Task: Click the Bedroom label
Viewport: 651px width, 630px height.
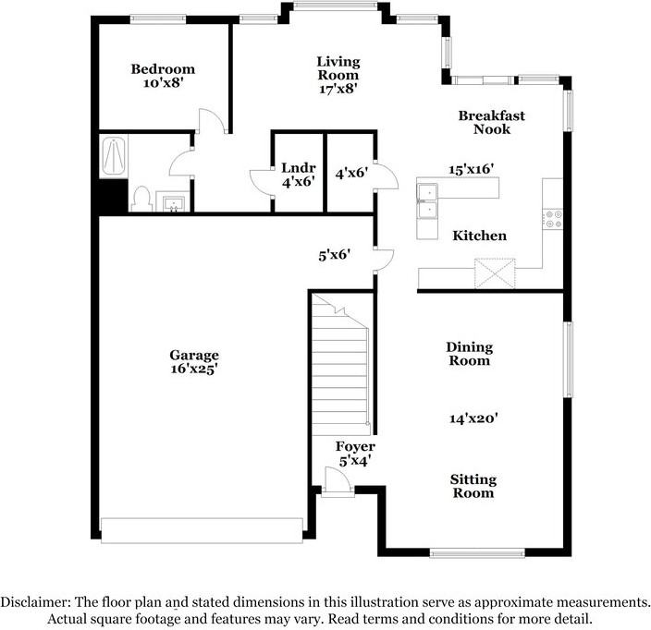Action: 163,69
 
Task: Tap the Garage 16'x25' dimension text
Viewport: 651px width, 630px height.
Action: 194,369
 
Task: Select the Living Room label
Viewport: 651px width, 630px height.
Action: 338,68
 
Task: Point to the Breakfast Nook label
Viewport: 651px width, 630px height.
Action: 492,122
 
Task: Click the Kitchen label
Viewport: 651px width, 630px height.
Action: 480,236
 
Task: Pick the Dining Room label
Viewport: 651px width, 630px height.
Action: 470,354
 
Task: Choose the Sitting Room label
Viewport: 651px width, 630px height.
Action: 473,486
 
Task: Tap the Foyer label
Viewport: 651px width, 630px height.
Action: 355,446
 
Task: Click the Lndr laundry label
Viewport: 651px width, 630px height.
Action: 298,167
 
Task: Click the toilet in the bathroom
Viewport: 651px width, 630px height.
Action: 141,200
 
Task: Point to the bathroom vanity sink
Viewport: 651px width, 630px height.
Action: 172,201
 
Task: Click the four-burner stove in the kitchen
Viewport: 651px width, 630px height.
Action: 553,219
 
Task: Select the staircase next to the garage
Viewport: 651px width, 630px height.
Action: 340,364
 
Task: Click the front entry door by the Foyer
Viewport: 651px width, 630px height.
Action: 338,482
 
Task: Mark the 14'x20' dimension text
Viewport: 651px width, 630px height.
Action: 473,418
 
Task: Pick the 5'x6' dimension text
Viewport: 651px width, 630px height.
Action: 335,255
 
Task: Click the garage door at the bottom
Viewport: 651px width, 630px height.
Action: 203,530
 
